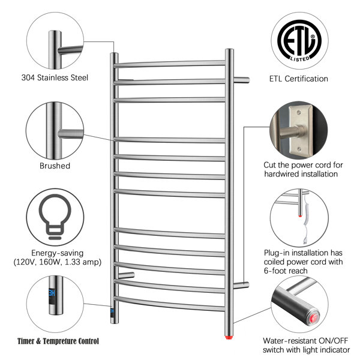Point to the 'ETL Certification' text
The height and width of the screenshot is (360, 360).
(299, 78)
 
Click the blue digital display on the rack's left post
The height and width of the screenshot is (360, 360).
(114, 314)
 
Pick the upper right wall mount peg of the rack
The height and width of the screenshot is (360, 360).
(241, 78)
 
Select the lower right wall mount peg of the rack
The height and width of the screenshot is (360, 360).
(241, 284)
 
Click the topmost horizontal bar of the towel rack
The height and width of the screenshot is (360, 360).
(170, 62)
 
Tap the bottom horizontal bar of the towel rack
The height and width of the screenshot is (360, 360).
(170, 301)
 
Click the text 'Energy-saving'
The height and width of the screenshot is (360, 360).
(58, 253)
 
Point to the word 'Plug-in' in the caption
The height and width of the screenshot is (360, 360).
(277, 253)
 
